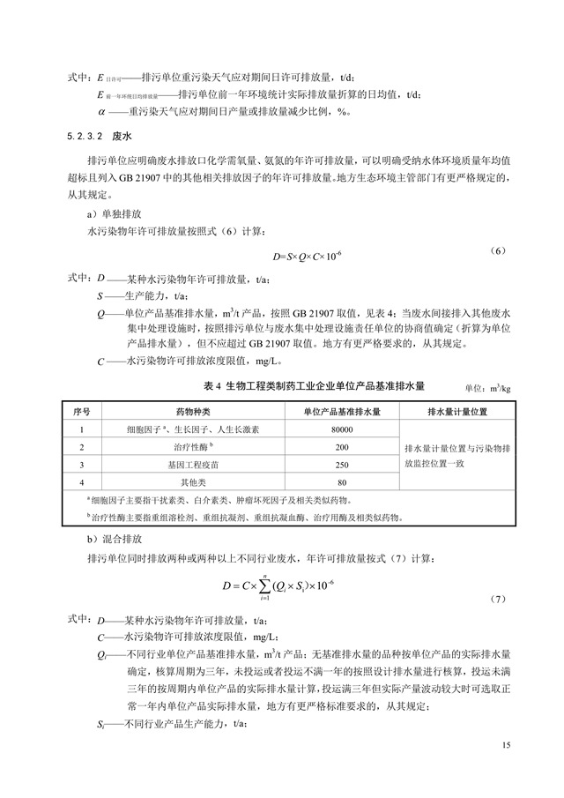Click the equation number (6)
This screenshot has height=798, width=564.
[498, 252]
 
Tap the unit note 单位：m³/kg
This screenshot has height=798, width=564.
[486, 388]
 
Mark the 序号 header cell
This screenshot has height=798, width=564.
[84, 412]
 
